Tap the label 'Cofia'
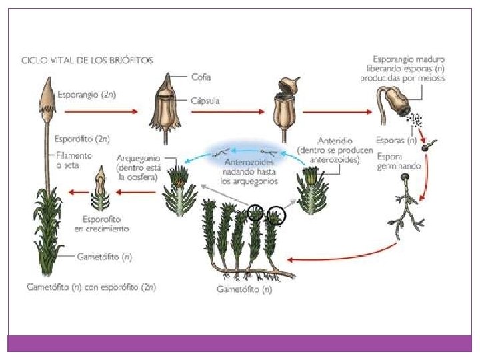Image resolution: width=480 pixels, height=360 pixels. (x=200, y=77)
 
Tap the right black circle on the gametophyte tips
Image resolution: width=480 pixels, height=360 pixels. (x=275, y=215)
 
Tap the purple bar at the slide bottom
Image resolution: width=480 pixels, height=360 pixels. (x=239, y=343)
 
